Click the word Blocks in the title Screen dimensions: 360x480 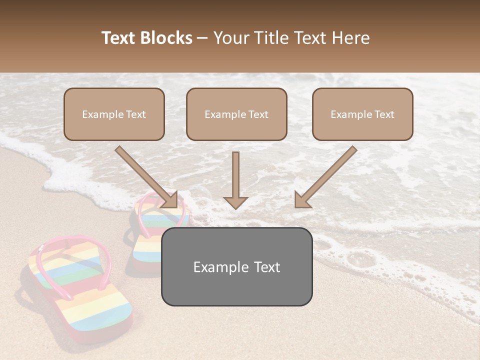click(166, 38)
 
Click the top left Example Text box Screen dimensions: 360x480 click(114, 114)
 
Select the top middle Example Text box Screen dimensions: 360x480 click(236, 114)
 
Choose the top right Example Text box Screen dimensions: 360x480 click(362, 114)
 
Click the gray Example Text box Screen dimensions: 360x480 click(236, 266)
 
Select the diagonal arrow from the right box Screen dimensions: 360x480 click(326, 176)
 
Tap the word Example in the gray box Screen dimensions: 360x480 click(217, 267)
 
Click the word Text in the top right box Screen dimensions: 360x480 click(384, 114)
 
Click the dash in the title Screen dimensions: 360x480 click(202, 38)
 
